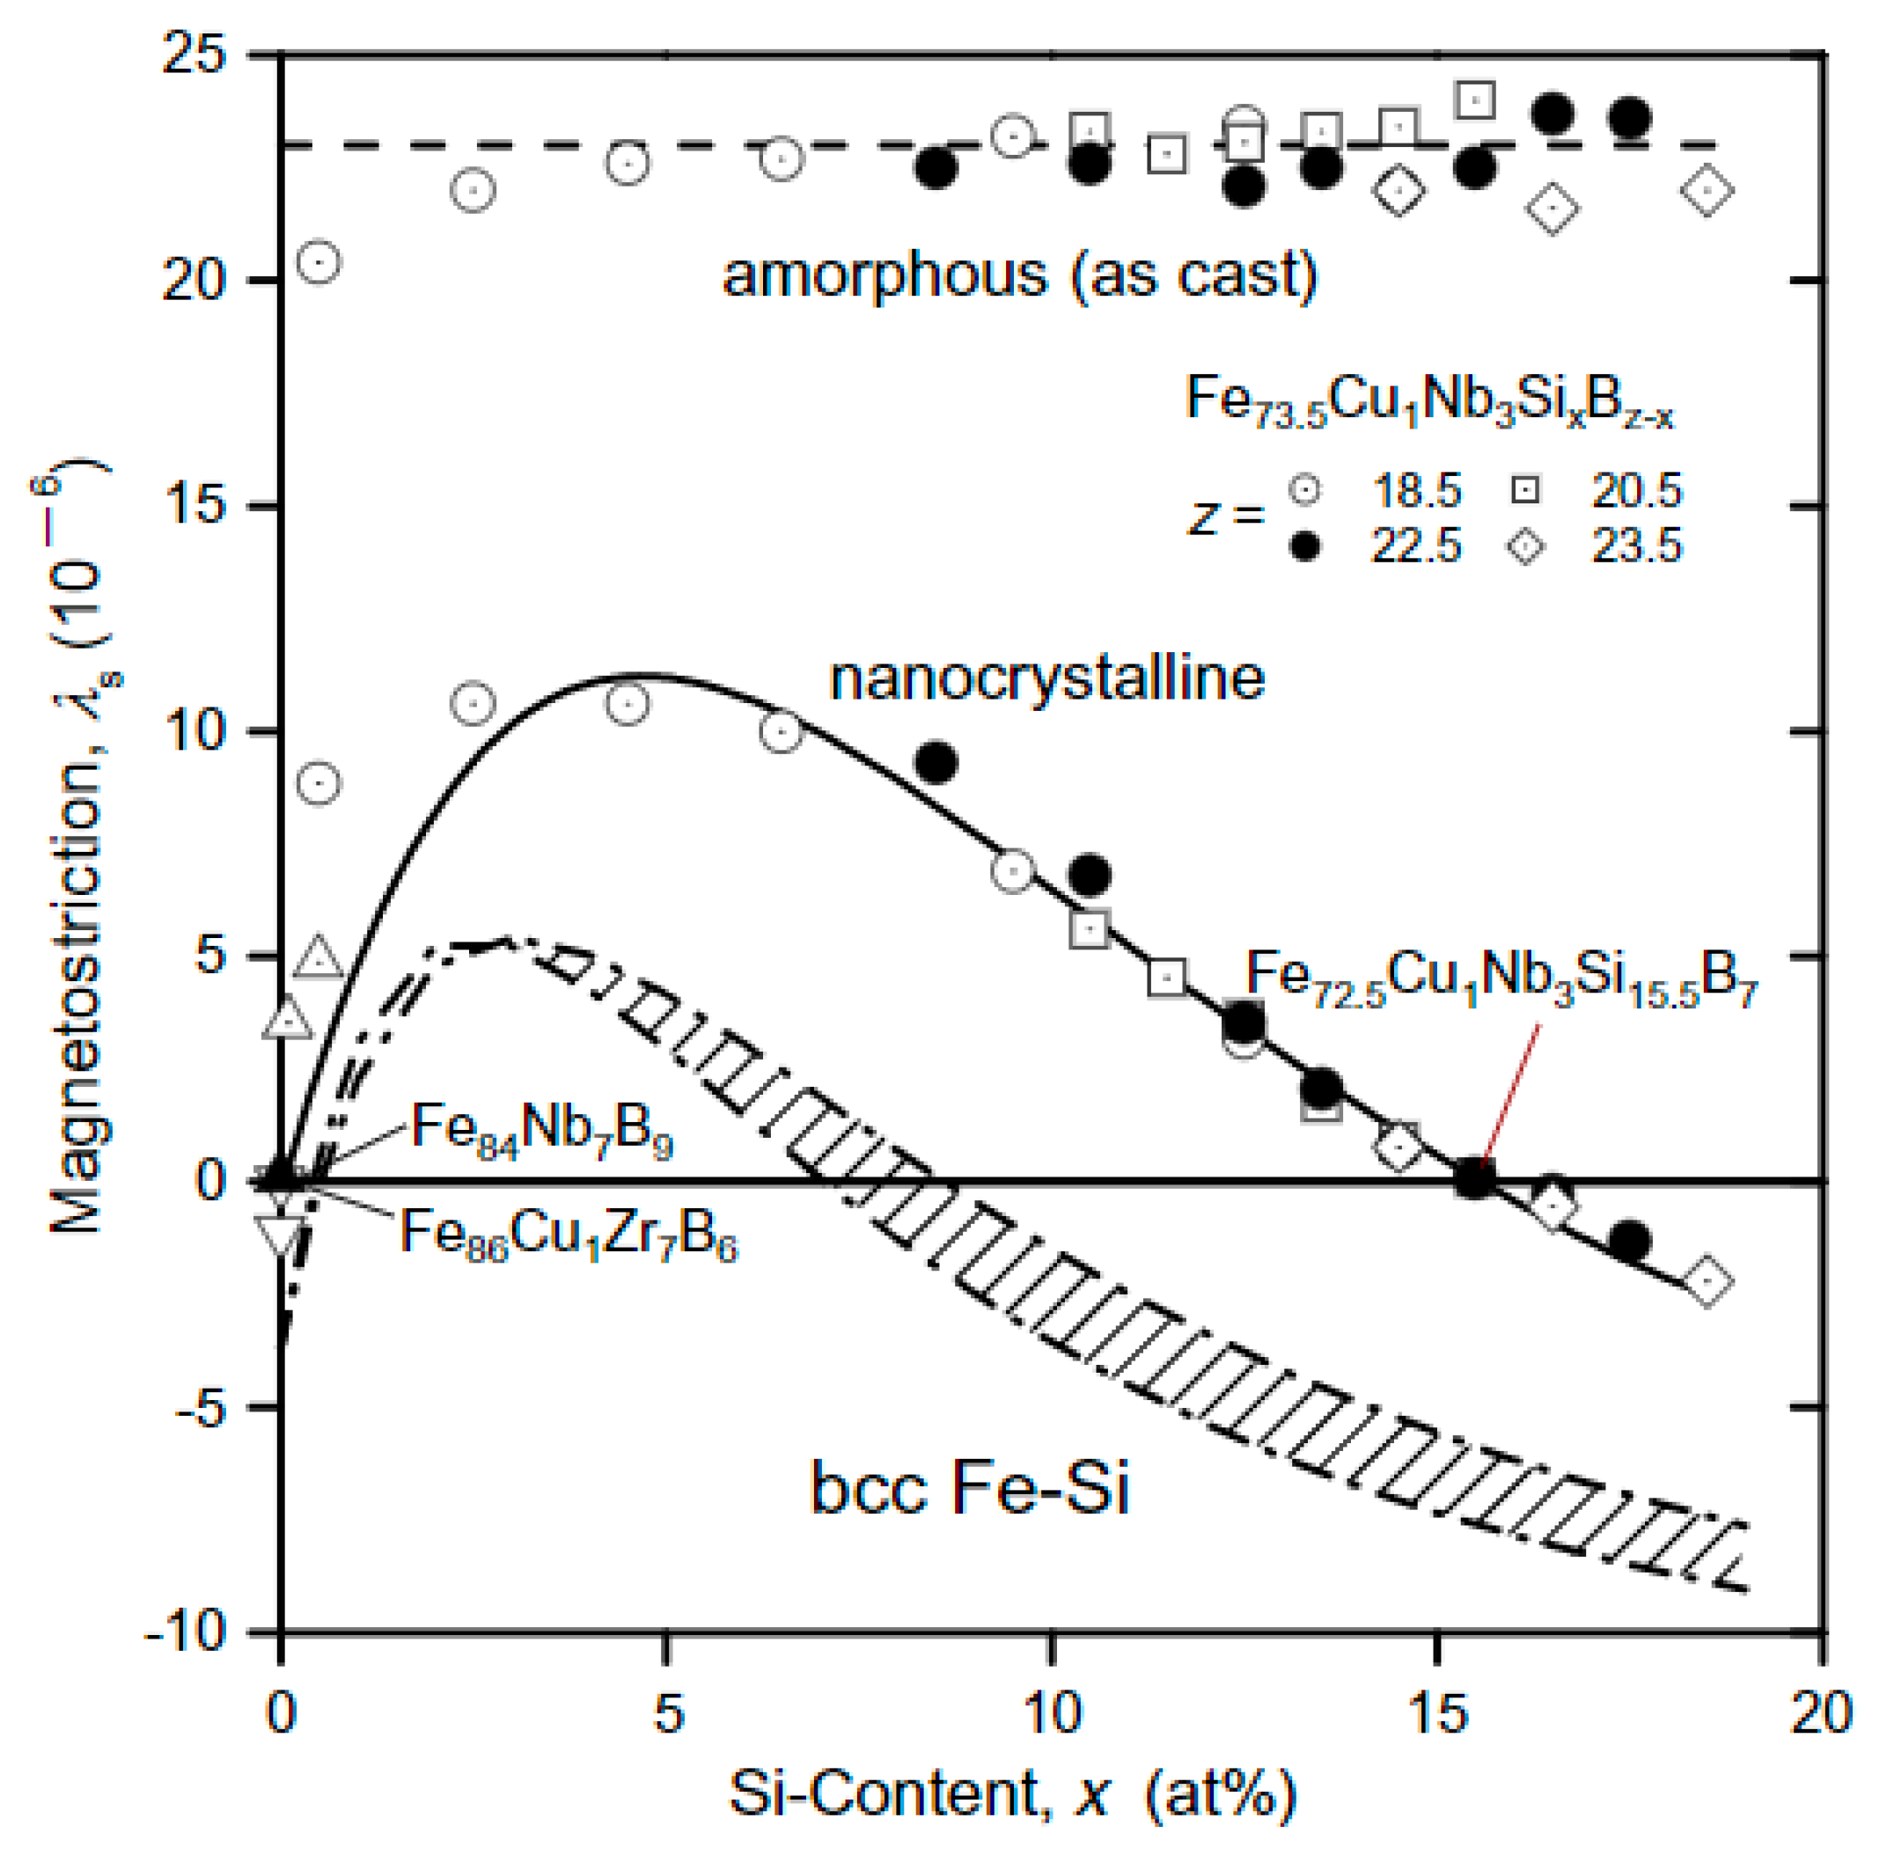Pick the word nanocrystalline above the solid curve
coord(1046,677)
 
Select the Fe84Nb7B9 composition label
coord(541,1129)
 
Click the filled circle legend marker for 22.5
coord(1304,546)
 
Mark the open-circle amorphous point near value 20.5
coord(319,261)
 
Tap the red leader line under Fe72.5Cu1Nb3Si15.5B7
coord(1510,1091)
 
